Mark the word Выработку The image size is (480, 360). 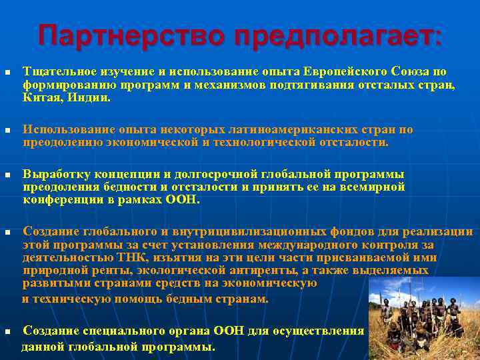tap(56, 174)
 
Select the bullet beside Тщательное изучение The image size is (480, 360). tap(6, 72)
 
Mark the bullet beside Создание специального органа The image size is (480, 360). tap(6, 331)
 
